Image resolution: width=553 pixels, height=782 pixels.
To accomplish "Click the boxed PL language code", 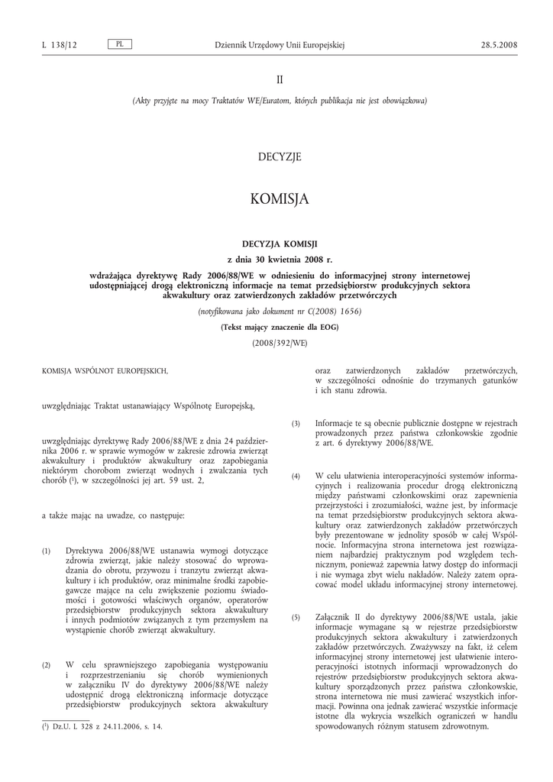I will pyautogui.click(x=120, y=44).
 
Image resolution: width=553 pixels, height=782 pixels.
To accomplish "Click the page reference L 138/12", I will pyautogui.click(x=60, y=45).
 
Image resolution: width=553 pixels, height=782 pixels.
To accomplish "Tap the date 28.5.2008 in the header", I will pyautogui.click(x=499, y=45).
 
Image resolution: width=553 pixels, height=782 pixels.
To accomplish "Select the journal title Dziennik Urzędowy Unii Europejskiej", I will pyautogui.click(x=280, y=45).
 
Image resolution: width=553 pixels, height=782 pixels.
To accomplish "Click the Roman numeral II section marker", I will pyautogui.click(x=280, y=79).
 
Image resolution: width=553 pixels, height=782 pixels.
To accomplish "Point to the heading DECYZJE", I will pyautogui.click(x=280, y=157).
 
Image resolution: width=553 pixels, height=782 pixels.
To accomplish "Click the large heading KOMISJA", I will pyautogui.click(x=280, y=199).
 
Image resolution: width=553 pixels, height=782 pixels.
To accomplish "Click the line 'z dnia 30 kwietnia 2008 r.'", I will pyautogui.click(x=280, y=259).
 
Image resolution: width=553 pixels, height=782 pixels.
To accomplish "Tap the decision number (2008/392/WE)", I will pyautogui.click(x=280, y=343).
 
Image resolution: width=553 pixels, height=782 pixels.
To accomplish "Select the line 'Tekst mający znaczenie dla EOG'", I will pyautogui.click(x=280, y=327).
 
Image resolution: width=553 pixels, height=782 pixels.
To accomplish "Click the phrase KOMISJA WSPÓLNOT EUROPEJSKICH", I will pyautogui.click(x=105, y=370).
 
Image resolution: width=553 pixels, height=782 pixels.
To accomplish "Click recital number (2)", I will pyautogui.click(x=47, y=665).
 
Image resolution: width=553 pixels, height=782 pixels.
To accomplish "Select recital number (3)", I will pyautogui.click(x=296, y=424).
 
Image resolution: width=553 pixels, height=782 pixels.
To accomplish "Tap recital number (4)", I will pyautogui.click(x=296, y=476).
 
